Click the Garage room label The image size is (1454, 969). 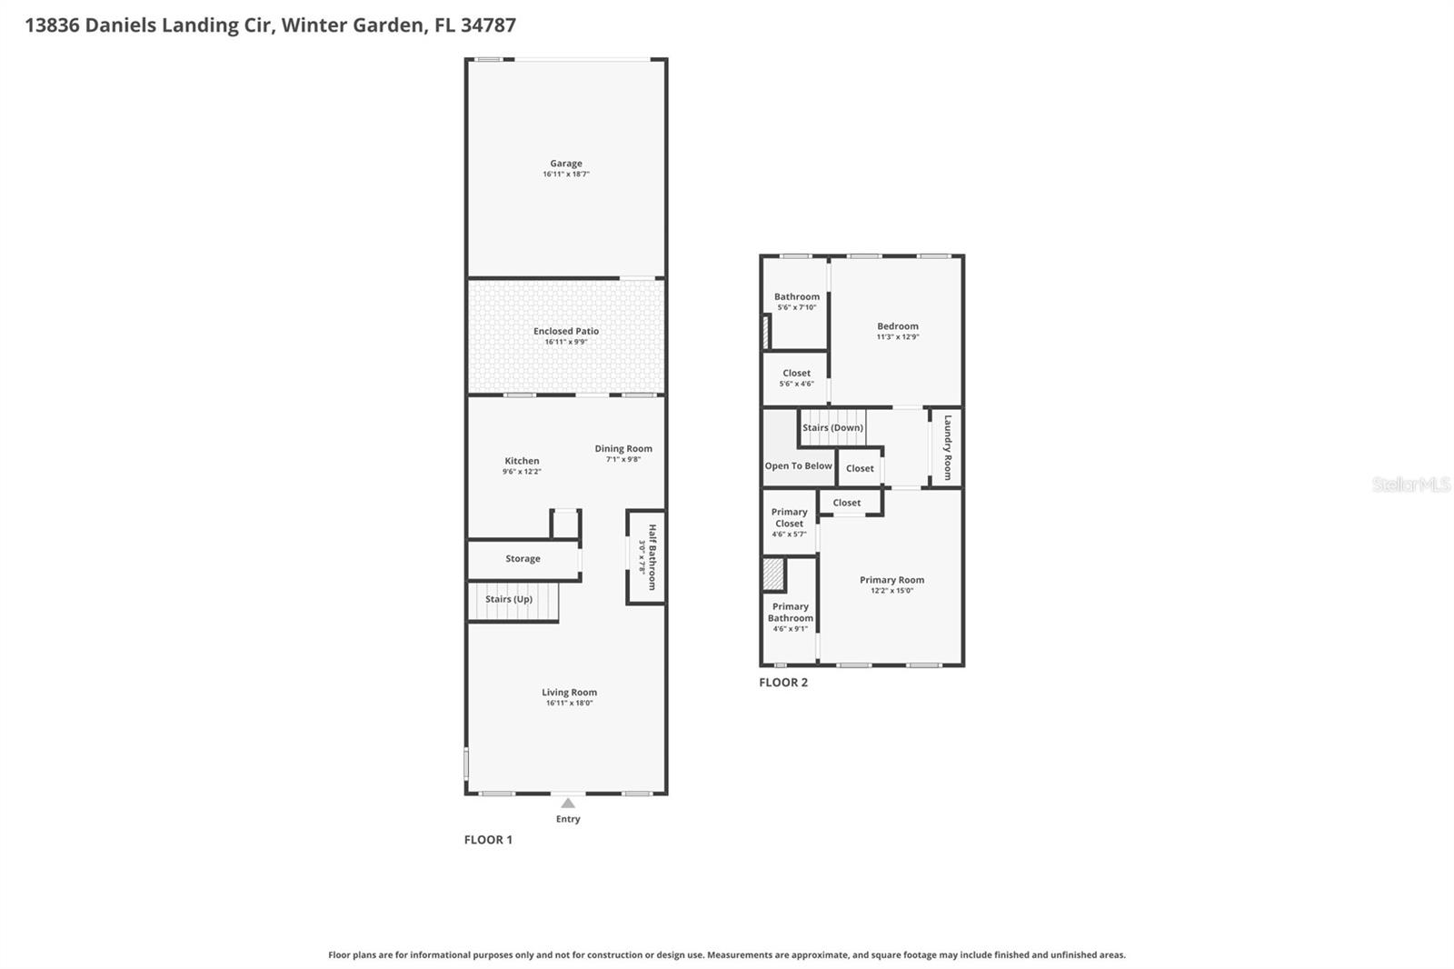click(x=565, y=164)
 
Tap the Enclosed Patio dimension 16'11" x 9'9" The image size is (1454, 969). click(x=565, y=343)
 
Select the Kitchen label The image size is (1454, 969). click(x=522, y=461)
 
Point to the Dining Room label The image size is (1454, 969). click(x=623, y=448)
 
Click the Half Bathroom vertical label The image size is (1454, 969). click(x=652, y=556)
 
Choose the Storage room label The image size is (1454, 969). click(x=523, y=559)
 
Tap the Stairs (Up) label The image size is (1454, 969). click(x=509, y=599)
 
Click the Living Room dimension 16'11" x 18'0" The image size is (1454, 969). click(x=569, y=704)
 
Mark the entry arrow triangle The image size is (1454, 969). click(x=568, y=803)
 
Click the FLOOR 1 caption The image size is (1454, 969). click(x=488, y=840)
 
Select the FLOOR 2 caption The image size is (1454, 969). click(x=782, y=683)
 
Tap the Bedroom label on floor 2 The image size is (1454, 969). click(x=897, y=326)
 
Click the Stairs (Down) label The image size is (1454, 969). click(x=832, y=427)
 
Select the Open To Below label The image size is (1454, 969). click(x=798, y=466)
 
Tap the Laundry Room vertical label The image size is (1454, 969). click(x=948, y=447)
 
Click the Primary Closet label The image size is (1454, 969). click(x=789, y=517)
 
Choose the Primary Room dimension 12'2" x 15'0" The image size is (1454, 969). click(x=891, y=591)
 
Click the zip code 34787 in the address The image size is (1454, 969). click(x=488, y=25)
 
